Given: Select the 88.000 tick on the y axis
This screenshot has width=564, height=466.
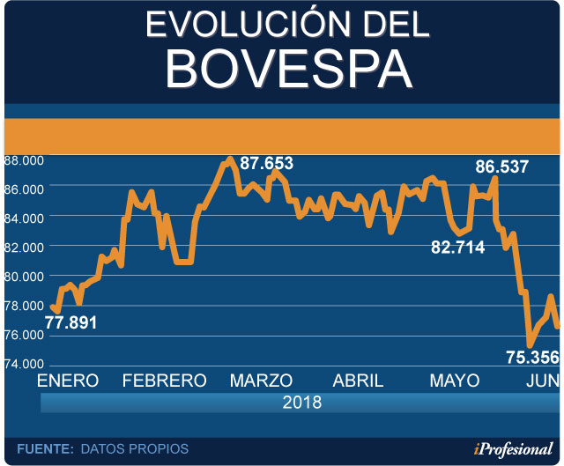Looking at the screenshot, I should point(23,160).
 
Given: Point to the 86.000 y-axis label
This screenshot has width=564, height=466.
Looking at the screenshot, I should point(23,189).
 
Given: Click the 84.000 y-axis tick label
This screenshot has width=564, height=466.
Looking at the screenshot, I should point(23,218).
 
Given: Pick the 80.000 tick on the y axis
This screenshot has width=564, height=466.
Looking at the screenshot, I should point(23,277).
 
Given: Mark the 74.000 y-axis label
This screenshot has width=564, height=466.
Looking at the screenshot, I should point(23,364).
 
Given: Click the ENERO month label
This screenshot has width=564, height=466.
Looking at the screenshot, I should point(67,381).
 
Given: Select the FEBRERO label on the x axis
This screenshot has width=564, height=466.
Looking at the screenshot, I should point(164,381).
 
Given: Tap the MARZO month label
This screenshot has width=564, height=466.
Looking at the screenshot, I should point(261,381).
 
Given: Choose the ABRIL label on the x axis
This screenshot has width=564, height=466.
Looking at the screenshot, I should point(358,381).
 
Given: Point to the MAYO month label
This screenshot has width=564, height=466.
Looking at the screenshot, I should point(455,381).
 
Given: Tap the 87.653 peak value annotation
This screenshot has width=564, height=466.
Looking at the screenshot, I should point(266,163).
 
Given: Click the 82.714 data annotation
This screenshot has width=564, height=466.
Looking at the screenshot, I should point(457,248).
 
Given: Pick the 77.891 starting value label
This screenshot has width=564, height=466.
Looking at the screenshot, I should point(70,322).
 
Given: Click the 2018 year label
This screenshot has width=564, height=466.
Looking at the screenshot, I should point(302,403).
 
